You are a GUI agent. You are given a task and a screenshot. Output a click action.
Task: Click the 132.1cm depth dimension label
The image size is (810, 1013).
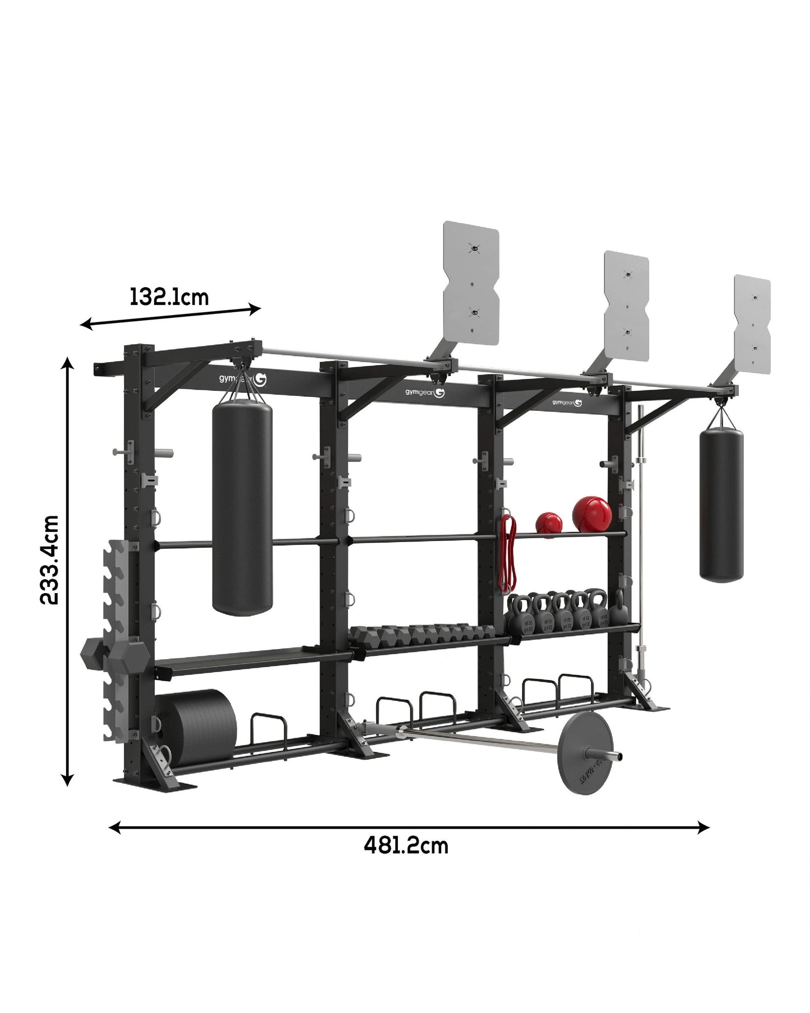click(x=169, y=296)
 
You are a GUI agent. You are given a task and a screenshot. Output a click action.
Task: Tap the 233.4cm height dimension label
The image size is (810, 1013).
click(x=50, y=559)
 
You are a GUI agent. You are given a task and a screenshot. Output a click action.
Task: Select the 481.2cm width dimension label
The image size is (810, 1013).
click(x=406, y=861)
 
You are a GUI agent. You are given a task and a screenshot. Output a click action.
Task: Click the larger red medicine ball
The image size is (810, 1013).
click(x=592, y=513)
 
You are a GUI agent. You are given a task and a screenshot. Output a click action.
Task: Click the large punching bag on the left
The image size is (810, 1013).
click(x=242, y=508)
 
